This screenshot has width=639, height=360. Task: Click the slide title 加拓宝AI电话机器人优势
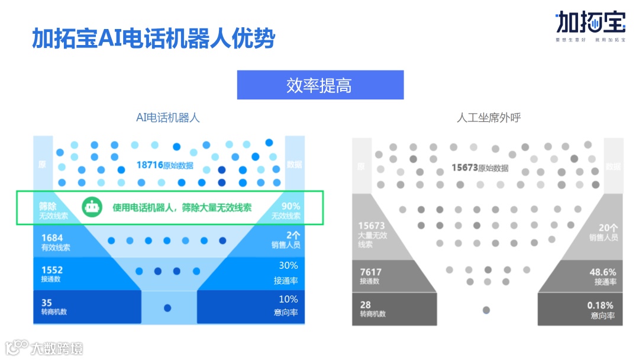(x=153, y=39)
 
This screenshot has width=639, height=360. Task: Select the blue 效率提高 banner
(x=320, y=85)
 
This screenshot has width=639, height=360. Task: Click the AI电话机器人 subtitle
(x=168, y=118)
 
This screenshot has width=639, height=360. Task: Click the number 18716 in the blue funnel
(x=150, y=165)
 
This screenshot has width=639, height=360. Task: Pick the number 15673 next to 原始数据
(x=465, y=168)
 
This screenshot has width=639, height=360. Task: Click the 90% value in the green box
(x=291, y=206)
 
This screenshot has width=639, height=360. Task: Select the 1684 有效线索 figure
(x=51, y=238)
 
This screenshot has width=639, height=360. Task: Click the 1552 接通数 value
(x=51, y=270)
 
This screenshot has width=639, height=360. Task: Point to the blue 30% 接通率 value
(x=289, y=266)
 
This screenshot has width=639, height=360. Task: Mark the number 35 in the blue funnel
(x=47, y=303)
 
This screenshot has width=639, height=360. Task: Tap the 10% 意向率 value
(x=289, y=299)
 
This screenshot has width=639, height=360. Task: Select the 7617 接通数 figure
(x=371, y=272)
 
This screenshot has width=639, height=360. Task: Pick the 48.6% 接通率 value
(x=603, y=272)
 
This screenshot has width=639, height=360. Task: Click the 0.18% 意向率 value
(x=601, y=305)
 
